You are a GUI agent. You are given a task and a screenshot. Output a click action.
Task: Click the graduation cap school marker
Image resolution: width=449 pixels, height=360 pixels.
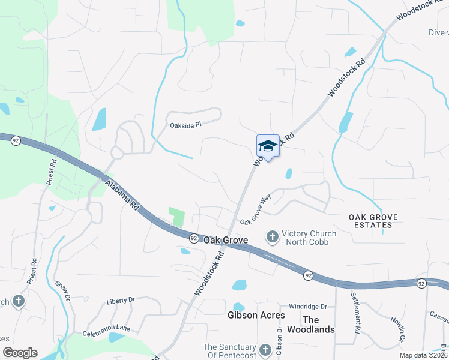pos(268,146)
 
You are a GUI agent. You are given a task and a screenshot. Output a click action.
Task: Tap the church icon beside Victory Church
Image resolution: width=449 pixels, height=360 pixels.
pos(272,238)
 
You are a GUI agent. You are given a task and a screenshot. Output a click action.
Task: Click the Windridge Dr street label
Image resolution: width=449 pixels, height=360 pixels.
pos(307,306)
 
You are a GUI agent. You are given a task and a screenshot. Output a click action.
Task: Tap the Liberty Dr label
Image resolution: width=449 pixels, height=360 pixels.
pos(121,301)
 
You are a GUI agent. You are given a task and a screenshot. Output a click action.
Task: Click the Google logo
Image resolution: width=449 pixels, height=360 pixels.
pos(19,353)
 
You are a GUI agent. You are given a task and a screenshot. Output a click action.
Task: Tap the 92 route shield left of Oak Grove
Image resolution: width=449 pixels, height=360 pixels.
pos(194,238)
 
